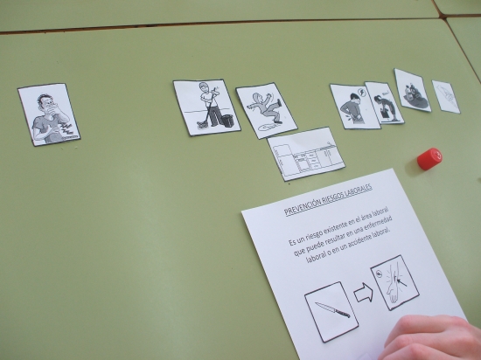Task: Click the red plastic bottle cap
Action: pyautogui.click(x=429, y=159)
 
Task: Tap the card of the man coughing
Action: pyautogui.click(x=49, y=114)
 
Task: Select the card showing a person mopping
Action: pyautogui.click(x=206, y=107)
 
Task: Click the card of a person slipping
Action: pyautogui.click(x=266, y=110)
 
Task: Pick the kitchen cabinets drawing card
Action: pyautogui.click(x=306, y=154)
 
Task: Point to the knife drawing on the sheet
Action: pyautogui.click(x=332, y=309)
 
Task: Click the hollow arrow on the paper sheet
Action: pyautogui.click(x=364, y=293)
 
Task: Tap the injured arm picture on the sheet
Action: pyautogui.click(x=394, y=282)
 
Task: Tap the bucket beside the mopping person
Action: pyautogui.click(x=228, y=121)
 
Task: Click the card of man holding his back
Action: pyautogui.click(x=354, y=107)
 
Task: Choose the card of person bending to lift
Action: pyautogui.click(x=384, y=103)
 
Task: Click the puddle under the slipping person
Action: pyautogui.click(x=268, y=127)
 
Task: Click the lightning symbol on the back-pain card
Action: pyautogui.click(x=363, y=93)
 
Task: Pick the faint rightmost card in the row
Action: pyautogui.click(x=446, y=96)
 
